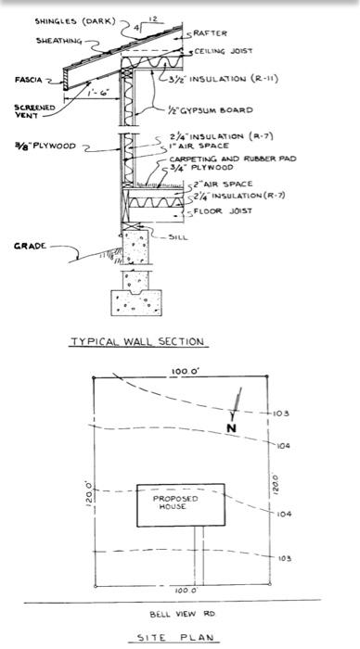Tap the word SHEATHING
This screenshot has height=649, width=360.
coord(58,41)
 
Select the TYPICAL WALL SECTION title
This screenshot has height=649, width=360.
coord(137,341)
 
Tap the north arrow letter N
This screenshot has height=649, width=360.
coord(230,428)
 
